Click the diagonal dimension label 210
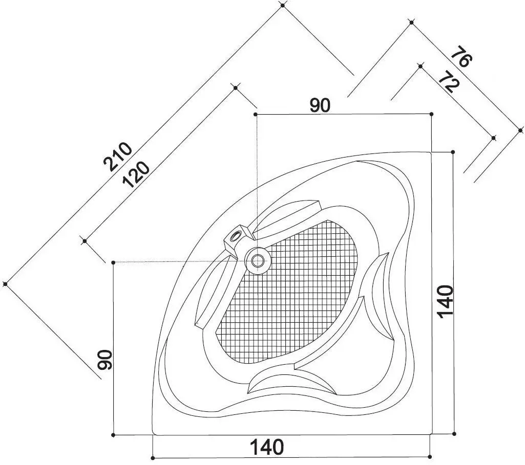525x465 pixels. coord(118,157)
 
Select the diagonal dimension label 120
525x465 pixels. coord(136,174)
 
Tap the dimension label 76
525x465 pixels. coord(461,57)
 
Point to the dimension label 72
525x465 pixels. coord(448,83)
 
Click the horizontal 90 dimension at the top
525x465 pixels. coord(320,105)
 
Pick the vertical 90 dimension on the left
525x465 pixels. coord(104,360)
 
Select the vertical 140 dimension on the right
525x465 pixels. coord(445,301)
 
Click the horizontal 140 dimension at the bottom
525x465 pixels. coord(267,447)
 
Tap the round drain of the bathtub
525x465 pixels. coord(258,260)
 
